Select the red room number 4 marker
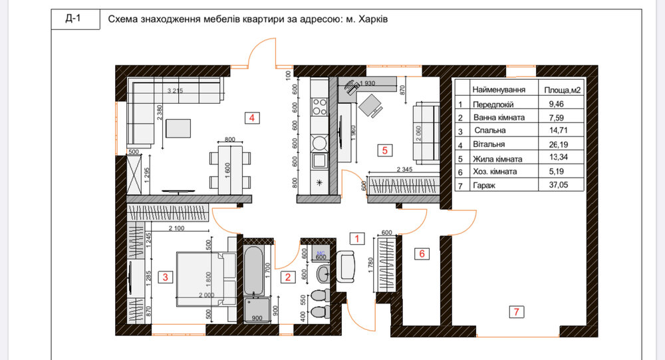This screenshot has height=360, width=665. coord(251,118)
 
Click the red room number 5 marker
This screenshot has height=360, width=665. coord(384,150)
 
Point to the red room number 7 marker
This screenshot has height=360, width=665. coord(514,310)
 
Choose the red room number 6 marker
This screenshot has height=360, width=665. coord(420,253)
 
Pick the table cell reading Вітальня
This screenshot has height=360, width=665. coord(489,144)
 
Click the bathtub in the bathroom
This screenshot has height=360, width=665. coord(255,271)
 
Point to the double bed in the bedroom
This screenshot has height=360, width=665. coord(203,277)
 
